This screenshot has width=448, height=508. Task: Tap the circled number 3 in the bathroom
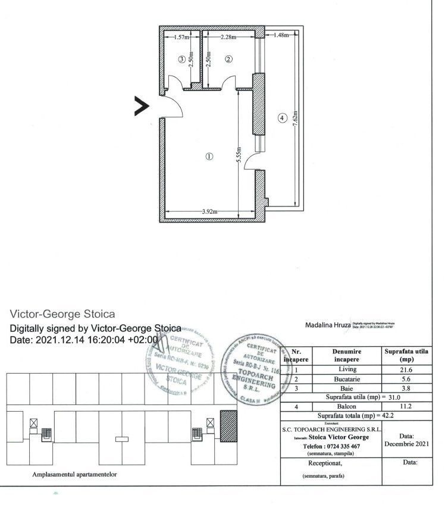[181, 59]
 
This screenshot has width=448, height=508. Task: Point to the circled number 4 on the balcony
[282, 118]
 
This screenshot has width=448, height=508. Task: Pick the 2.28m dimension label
[227, 37]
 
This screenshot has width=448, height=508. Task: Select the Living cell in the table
[347, 369]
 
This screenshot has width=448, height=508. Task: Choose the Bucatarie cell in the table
[347, 378]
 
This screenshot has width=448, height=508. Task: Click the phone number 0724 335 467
[331, 446]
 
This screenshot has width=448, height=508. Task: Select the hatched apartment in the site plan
[228, 427]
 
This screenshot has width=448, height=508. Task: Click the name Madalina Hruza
[327, 325]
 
